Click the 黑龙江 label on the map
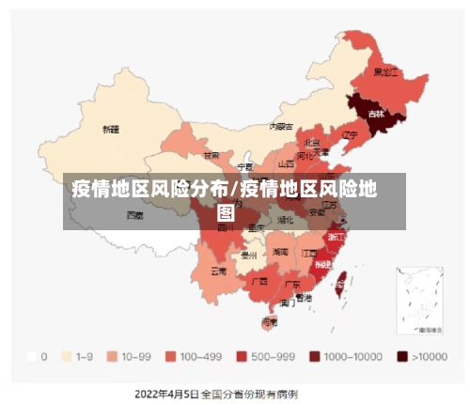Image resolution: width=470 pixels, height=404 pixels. tap(386, 71)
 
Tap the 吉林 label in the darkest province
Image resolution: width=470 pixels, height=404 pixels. tap(375, 114)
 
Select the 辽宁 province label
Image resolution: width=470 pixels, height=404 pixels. tap(350, 135)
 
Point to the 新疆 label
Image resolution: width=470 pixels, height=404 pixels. tap(111, 129)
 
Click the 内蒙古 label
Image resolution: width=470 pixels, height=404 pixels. tap(281, 126)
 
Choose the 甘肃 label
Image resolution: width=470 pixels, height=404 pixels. tap(211, 155)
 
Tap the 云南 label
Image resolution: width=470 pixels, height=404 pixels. tap(218, 271)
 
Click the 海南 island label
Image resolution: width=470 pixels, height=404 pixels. tap(269, 321)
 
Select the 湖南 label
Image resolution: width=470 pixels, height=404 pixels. tap(280, 252)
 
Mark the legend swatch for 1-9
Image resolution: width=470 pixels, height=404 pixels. tap(66, 357)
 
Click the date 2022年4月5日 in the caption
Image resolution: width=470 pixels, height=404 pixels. tap(166, 392)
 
